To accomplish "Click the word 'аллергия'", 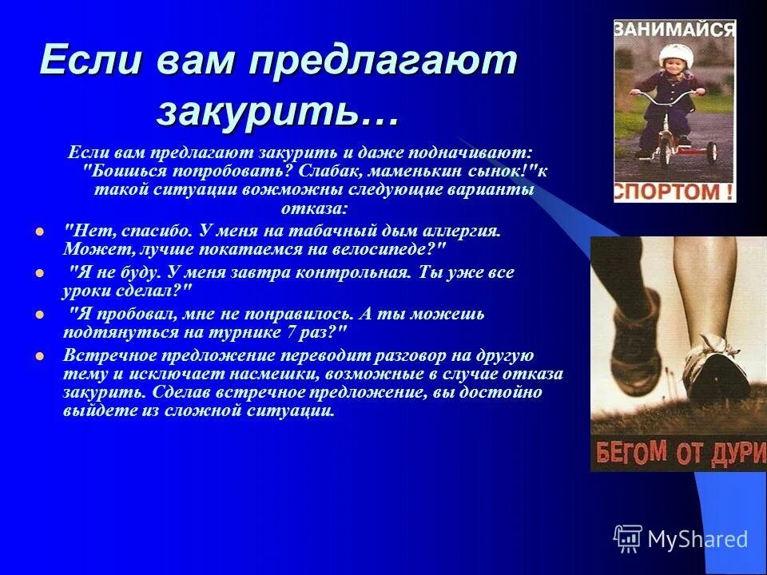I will click(x=461, y=231).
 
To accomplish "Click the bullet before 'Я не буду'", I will click(x=38, y=273).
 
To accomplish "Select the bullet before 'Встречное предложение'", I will click(x=38, y=356).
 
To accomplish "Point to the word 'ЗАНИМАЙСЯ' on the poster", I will click(x=674, y=30).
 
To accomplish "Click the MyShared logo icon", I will click(x=628, y=538).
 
